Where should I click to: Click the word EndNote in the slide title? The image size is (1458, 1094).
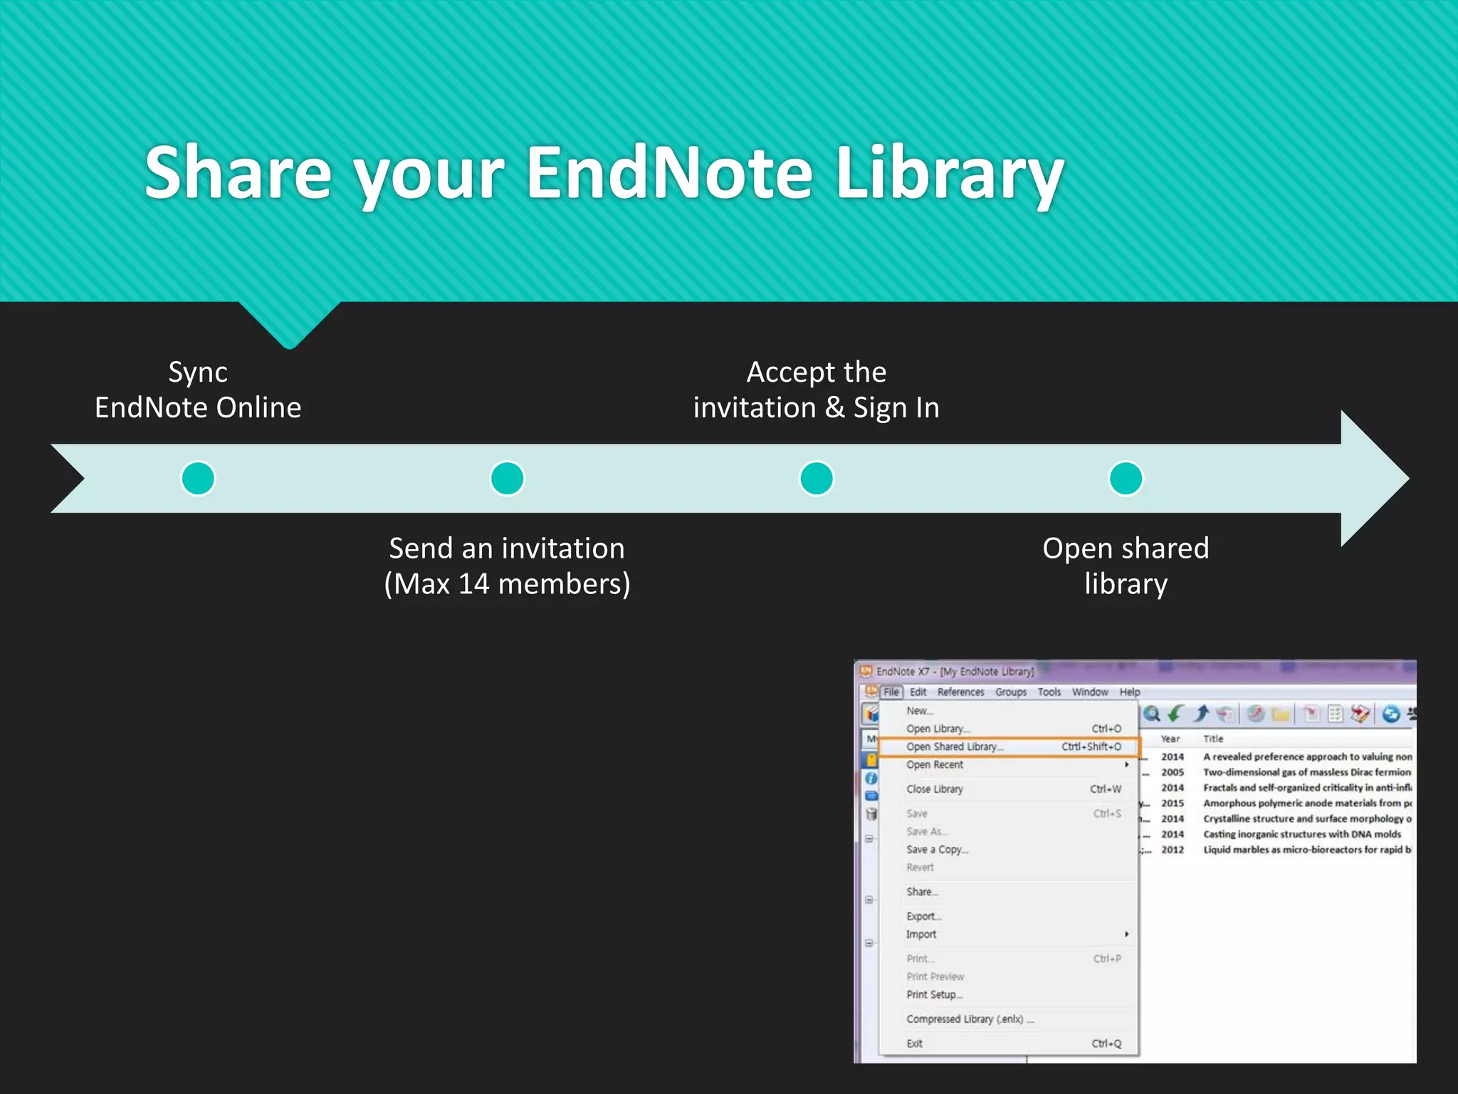click(x=669, y=173)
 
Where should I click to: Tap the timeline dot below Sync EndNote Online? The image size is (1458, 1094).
click(x=198, y=478)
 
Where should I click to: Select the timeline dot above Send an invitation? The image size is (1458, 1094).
click(x=507, y=478)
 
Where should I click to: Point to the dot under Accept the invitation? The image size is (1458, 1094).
click(x=816, y=478)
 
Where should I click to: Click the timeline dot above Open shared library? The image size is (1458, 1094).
click(x=1126, y=478)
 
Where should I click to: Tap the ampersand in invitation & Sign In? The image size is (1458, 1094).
click(x=835, y=408)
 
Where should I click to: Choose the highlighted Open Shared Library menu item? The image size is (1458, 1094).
click(x=955, y=746)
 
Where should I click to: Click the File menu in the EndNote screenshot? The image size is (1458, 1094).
click(x=891, y=692)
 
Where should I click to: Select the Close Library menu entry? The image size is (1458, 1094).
click(x=935, y=789)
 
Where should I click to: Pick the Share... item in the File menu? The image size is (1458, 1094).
click(x=922, y=892)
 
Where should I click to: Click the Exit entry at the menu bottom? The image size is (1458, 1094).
click(x=915, y=1043)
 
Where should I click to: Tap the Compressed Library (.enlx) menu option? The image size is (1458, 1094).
click(x=969, y=1019)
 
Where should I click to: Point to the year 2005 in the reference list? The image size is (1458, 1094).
click(x=1173, y=772)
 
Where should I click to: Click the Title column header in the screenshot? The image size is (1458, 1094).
click(x=1213, y=739)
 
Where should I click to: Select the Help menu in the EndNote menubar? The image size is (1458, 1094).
click(x=1129, y=692)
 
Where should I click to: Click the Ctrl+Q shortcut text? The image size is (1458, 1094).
click(x=1106, y=1043)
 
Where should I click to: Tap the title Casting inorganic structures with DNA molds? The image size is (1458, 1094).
click(x=1301, y=834)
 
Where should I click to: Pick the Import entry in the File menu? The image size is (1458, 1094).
click(x=921, y=934)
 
